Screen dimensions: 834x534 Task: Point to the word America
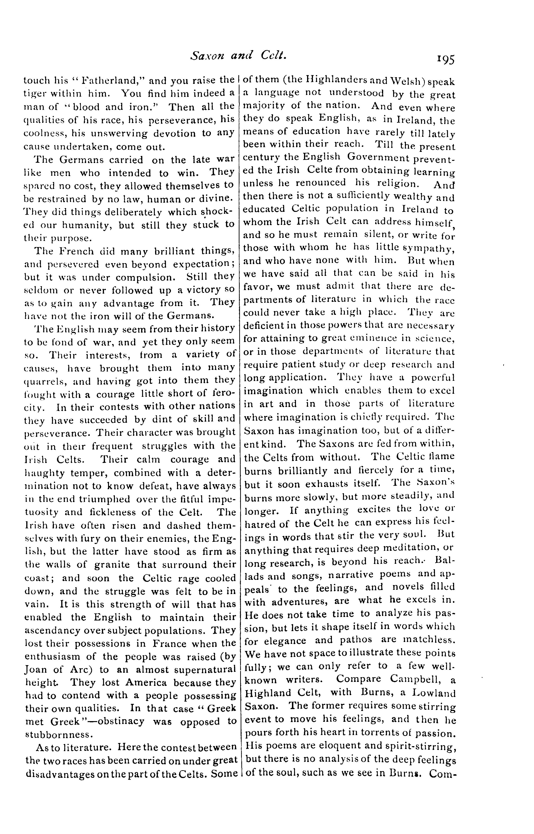point(146,683)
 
